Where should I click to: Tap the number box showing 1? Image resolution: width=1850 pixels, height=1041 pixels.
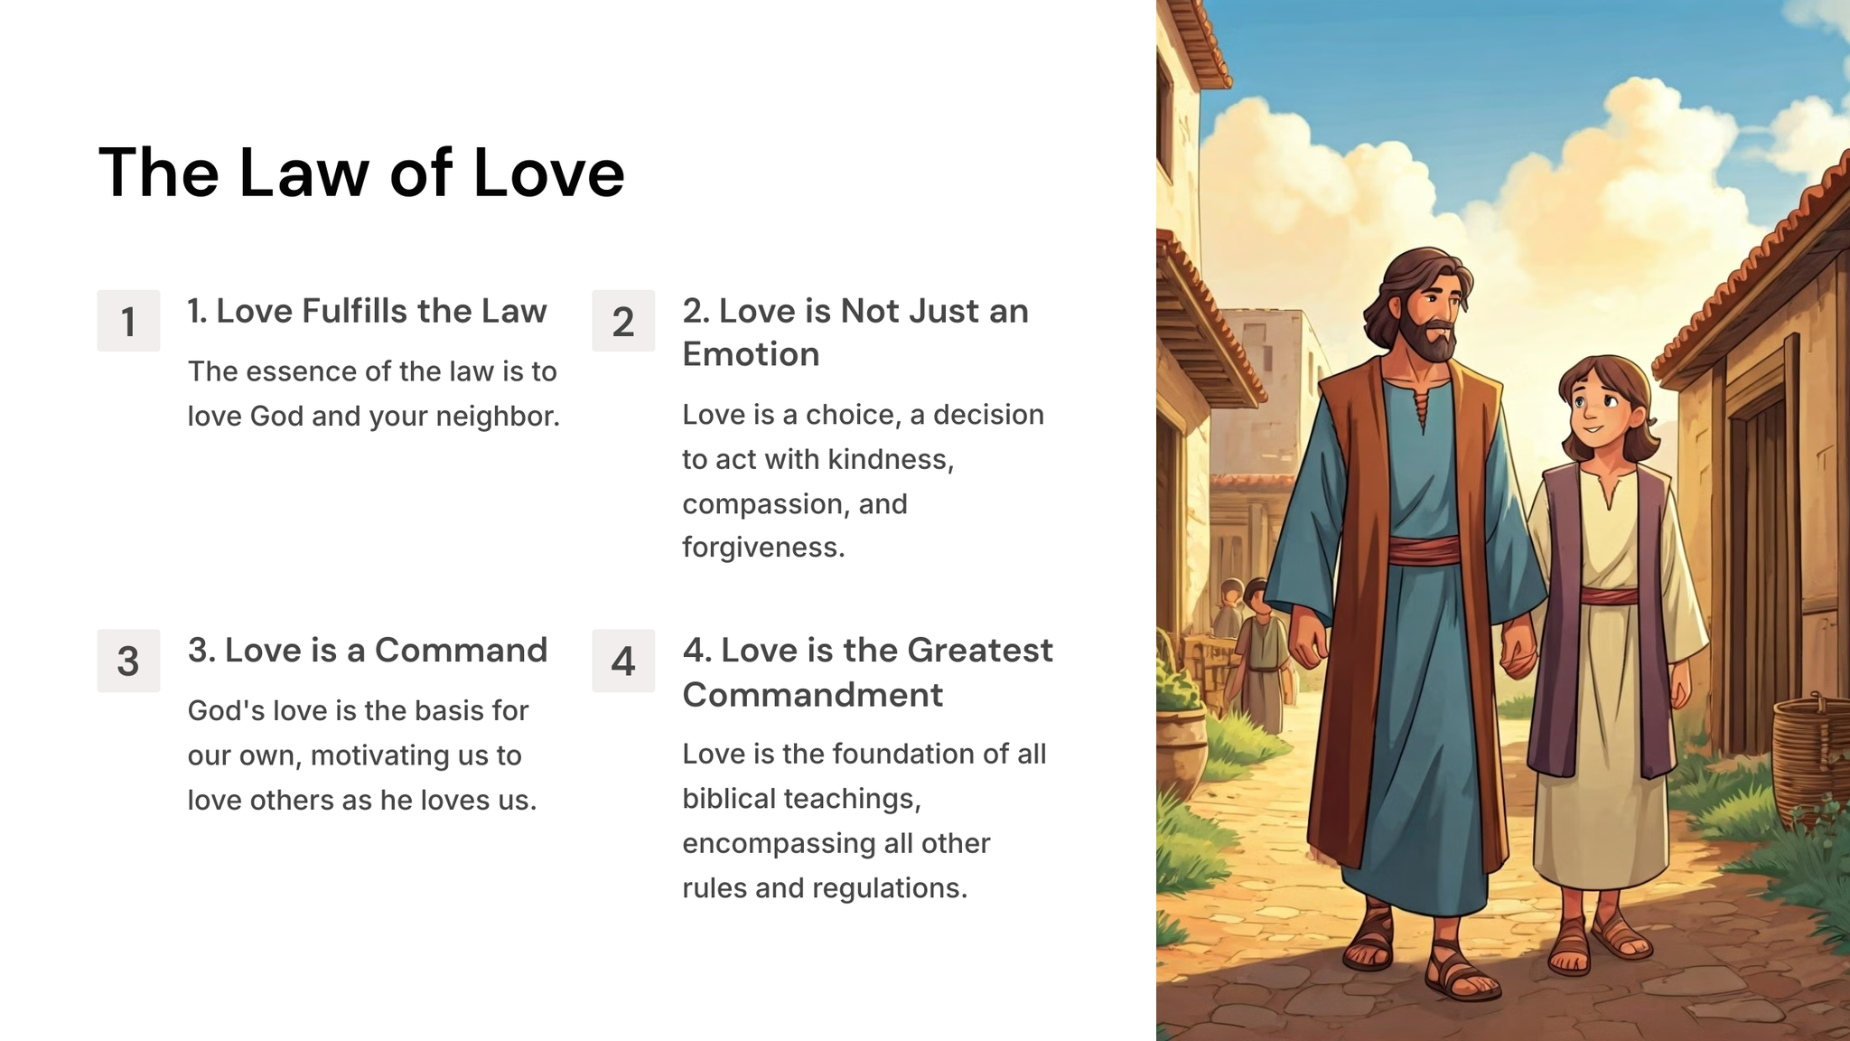(x=128, y=321)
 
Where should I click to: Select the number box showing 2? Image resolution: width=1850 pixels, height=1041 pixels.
(x=623, y=321)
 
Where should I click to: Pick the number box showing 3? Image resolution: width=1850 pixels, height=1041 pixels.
(x=128, y=661)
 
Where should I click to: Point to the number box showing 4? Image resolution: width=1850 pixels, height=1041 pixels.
(x=623, y=661)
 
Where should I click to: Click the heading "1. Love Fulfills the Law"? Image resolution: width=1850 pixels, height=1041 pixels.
(x=367, y=311)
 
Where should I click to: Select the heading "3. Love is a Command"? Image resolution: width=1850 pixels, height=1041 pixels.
(x=368, y=651)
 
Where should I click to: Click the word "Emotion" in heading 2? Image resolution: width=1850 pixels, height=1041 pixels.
(x=751, y=354)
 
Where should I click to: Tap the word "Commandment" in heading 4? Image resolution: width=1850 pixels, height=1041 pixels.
(x=813, y=695)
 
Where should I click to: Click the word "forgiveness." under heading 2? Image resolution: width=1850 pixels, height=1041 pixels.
(x=763, y=548)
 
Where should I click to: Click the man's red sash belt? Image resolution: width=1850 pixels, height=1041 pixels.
(x=1424, y=549)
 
